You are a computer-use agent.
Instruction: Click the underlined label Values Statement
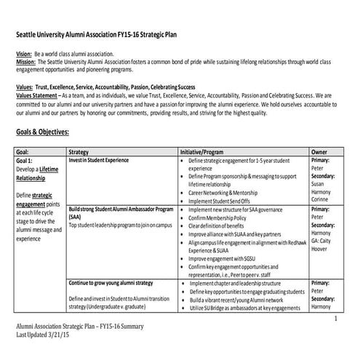tap(37, 95)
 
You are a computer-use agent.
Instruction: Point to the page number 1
tap(336, 319)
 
